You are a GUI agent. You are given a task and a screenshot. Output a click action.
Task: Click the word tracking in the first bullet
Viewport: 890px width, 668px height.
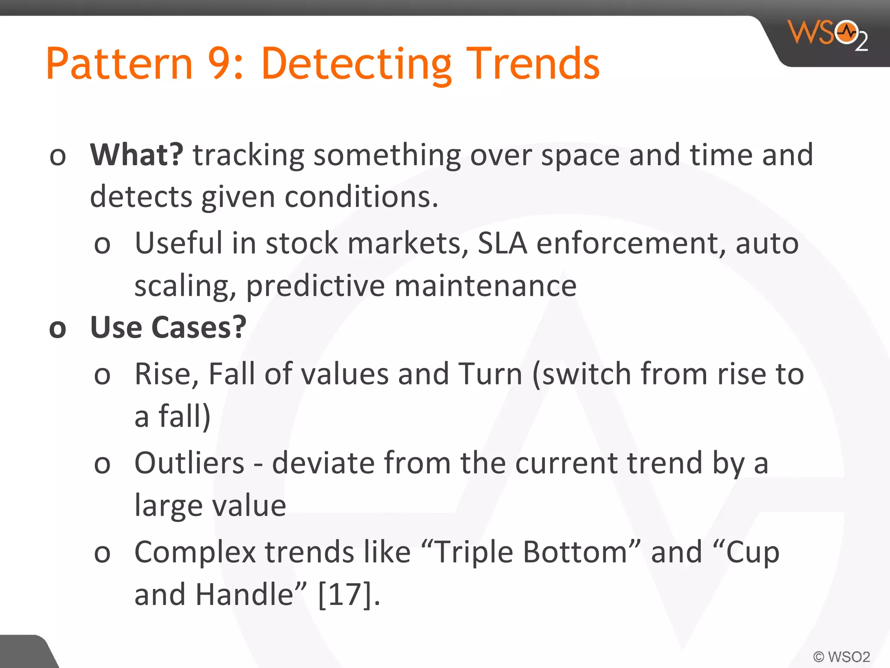[248, 156]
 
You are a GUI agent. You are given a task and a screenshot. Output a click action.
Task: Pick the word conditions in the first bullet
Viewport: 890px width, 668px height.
[361, 197]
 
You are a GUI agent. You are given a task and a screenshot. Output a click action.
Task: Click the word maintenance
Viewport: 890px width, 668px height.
[485, 286]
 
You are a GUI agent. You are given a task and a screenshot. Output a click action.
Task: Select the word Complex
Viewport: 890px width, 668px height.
[195, 552]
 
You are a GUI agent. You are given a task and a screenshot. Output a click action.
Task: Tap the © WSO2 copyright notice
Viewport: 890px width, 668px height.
[841, 656]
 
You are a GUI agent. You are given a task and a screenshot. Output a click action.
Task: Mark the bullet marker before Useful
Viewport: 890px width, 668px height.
[102, 244]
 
